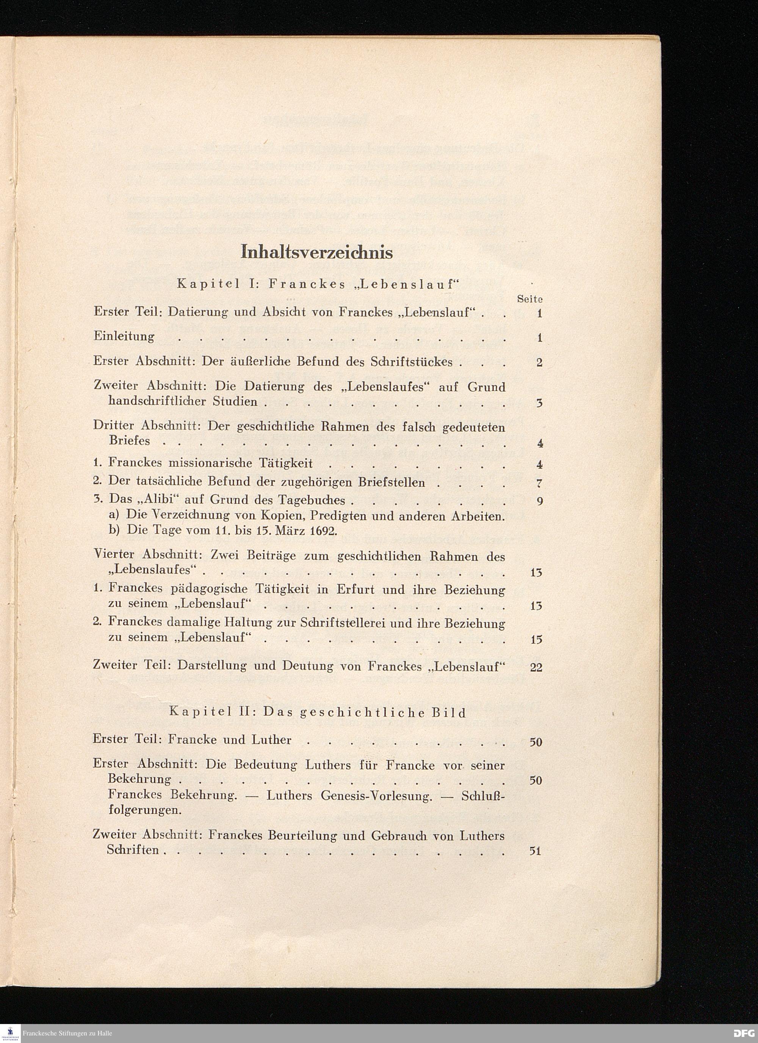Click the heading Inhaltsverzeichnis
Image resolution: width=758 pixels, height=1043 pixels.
[x=317, y=253]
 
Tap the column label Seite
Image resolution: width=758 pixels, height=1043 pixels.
[x=529, y=299]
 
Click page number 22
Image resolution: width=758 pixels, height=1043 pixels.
[x=536, y=667]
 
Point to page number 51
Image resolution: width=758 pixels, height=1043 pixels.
[x=536, y=851]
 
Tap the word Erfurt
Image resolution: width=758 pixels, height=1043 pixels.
[x=356, y=589]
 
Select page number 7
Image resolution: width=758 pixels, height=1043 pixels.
[x=539, y=483]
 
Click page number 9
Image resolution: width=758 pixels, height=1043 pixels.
[x=539, y=501]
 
